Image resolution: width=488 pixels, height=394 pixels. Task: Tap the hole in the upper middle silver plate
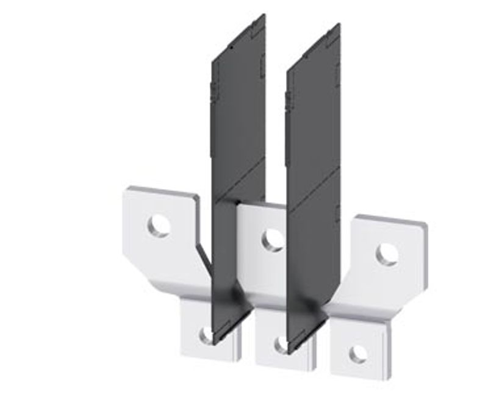tap(273, 240)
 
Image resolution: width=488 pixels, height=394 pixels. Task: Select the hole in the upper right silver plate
tap(387, 254)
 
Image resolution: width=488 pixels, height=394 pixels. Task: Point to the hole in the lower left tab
tap(207, 334)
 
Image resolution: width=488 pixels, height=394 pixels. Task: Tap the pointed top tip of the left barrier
tap(264, 15)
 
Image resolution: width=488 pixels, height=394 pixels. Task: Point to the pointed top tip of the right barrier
tap(339, 24)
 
